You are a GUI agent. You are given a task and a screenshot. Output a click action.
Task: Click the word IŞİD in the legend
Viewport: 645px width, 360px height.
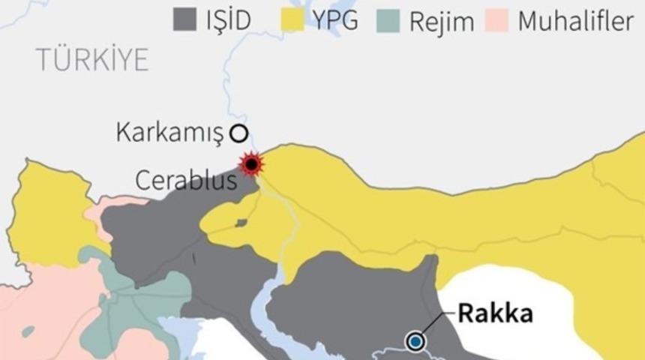coord(228,19)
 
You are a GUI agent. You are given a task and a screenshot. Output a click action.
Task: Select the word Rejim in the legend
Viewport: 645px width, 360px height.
coord(441,21)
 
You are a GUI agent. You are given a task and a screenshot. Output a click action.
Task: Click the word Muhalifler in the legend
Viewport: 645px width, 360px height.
coord(575,20)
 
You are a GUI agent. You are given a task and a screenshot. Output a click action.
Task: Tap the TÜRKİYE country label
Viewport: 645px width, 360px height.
coord(92,61)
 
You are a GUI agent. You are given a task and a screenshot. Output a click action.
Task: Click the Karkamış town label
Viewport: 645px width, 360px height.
coord(170,133)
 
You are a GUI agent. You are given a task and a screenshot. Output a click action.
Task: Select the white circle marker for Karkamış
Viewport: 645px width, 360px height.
coord(238,133)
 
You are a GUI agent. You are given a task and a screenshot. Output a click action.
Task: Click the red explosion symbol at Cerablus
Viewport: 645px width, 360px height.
coord(251,163)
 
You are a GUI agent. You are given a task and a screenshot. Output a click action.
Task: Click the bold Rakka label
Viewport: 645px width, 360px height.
coord(495,313)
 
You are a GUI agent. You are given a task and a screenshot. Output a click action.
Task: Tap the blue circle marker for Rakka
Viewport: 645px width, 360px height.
coord(415,342)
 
